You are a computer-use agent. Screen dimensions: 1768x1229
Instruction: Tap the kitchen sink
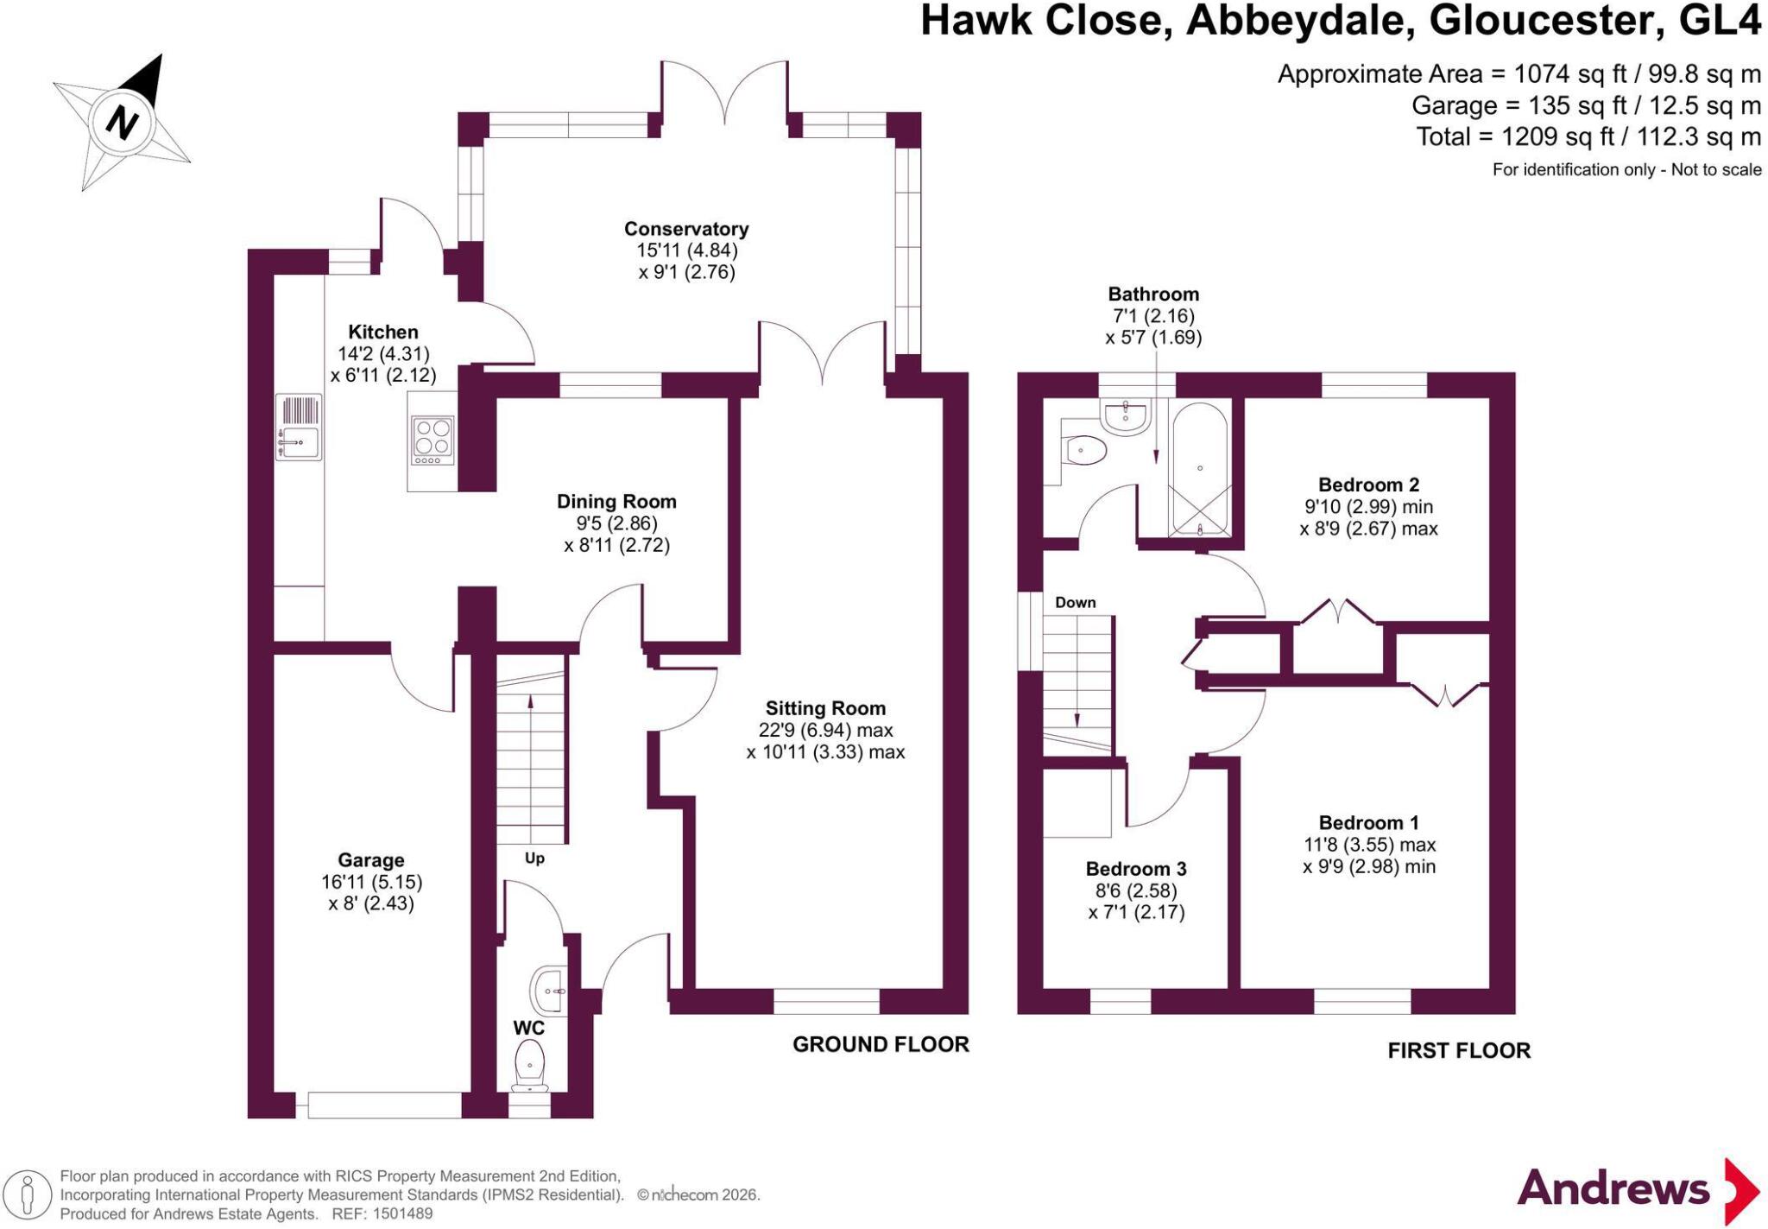pyautogui.click(x=299, y=427)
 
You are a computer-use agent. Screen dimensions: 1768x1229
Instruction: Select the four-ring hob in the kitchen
pyautogui.click(x=433, y=441)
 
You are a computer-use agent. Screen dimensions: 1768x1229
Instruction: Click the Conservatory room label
pyautogui.click(x=686, y=229)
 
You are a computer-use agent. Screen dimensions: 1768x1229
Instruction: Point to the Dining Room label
pyautogui.click(x=616, y=501)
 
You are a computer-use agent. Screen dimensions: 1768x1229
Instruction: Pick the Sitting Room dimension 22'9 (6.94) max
pyautogui.click(x=825, y=731)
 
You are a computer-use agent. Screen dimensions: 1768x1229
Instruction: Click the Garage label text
pyautogui.click(x=371, y=860)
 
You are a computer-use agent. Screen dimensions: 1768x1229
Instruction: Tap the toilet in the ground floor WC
pyautogui.click(x=529, y=1066)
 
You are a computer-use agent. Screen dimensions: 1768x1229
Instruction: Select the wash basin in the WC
pyautogui.click(x=548, y=991)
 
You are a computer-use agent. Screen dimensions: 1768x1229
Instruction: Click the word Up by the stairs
pyautogui.click(x=534, y=858)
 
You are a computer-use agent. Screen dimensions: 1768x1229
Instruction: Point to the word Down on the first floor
pyautogui.click(x=1076, y=602)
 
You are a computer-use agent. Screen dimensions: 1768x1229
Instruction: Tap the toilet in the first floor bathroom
pyautogui.click(x=1084, y=450)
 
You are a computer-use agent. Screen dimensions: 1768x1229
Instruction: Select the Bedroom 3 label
pyautogui.click(x=1136, y=869)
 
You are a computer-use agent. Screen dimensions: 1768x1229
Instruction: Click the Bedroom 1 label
pyautogui.click(x=1369, y=822)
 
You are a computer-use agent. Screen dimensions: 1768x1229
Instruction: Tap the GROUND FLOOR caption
pyautogui.click(x=881, y=1045)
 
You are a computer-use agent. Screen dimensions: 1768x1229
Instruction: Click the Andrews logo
pyautogui.click(x=1638, y=1191)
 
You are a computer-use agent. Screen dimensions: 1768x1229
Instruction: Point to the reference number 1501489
pyautogui.click(x=401, y=1213)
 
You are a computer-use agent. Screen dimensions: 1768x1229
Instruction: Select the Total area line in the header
pyautogui.click(x=1588, y=136)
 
